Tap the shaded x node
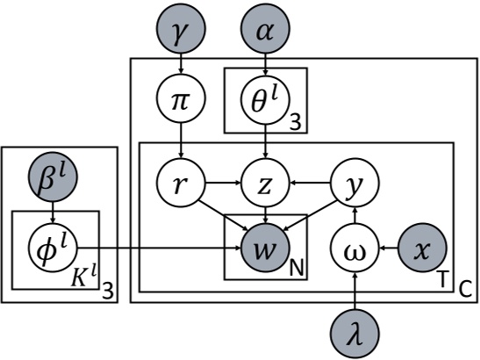point(423,249)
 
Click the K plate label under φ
point(85,280)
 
